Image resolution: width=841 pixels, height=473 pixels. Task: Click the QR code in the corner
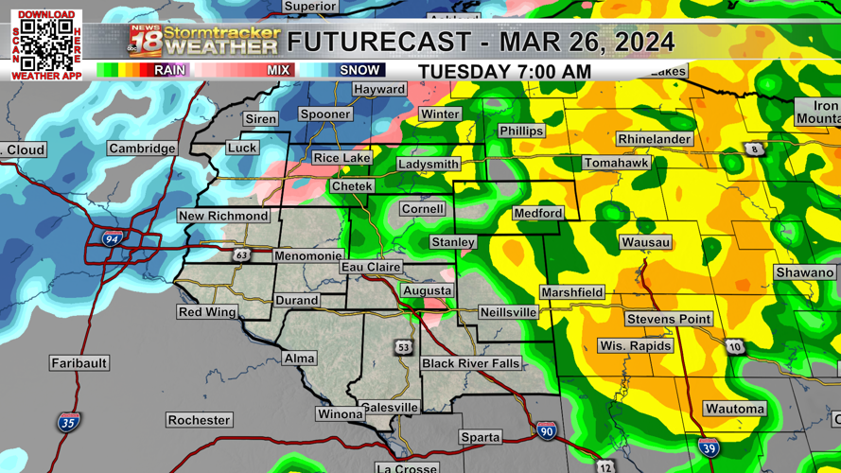pos(46,44)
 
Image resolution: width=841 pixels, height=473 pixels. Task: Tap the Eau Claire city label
pos(371,268)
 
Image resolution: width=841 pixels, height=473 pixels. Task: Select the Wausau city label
pos(646,243)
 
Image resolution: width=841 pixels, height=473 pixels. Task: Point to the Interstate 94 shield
pos(112,240)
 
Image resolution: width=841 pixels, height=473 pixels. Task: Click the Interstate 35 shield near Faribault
pos(68,422)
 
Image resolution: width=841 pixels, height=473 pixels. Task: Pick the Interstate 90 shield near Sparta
pos(546,430)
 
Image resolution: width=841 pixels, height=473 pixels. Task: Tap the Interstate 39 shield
pos(709,447)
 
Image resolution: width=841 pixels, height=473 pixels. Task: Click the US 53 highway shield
pos(404,348)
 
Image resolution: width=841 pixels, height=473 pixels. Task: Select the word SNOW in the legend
pos(359,70)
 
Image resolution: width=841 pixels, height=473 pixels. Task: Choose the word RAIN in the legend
pos(170,70)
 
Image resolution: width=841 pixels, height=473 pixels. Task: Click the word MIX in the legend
pos(278,70)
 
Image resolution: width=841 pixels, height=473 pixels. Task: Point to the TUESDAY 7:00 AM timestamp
pos(504,72)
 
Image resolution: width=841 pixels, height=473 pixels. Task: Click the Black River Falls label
pos(471,364)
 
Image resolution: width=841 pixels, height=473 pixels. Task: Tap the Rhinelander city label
pos(654,139)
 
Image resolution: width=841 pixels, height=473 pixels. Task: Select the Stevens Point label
pos(669,319)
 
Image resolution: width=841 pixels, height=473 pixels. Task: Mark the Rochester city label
pos(199,420)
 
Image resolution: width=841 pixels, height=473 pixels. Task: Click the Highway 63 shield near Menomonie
pos(241,255)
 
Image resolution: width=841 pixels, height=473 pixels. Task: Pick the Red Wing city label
pos(207,312)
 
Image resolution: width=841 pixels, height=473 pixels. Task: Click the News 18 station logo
pos(146,42)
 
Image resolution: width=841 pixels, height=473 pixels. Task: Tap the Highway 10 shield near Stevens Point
pos(735,347)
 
